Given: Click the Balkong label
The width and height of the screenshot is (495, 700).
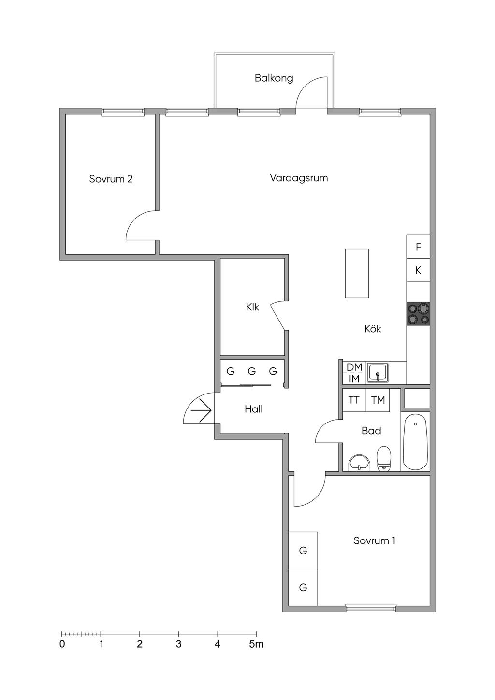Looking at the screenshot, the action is [x=274, y=78].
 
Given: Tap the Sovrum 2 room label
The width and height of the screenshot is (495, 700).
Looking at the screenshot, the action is [x=111, y=179].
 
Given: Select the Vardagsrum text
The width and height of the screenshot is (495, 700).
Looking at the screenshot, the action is [x=299, y=178].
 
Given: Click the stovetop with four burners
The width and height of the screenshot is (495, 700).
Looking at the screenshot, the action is [x=418, y=313].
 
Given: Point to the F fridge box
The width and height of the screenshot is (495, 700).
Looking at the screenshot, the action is [x=418, y=247].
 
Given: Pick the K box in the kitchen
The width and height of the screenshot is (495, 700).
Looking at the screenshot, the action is [x=418, y=271].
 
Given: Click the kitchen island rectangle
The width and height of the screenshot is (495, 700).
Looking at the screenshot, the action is [x=357, y=273].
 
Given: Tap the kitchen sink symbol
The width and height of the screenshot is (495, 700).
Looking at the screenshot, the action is [x=378, y=373].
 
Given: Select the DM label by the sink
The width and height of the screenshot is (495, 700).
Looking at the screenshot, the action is [x=354, y=367].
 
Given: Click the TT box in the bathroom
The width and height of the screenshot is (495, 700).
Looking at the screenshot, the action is [x=354, y=400].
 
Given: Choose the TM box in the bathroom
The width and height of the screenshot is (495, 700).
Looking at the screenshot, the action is [x=378, y=400].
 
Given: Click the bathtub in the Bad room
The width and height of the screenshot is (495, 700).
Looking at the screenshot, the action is [x=415, y=441].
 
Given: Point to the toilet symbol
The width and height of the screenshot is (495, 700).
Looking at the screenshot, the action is [x=384, y=458].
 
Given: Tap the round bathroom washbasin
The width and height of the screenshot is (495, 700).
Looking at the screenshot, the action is [x=359, y=463].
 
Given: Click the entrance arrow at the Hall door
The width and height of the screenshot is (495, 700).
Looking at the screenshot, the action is [x=201, y=410].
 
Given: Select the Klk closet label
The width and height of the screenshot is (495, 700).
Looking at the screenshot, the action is [x=252, y=307].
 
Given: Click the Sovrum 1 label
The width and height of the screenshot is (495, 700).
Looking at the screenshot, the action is [x=374, y=540].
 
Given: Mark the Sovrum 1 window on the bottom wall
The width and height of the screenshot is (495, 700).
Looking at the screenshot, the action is [x=371, y=608].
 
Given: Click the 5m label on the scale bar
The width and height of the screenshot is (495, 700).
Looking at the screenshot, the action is [x=256, y=644].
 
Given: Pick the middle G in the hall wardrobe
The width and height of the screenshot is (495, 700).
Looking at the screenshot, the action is [x=251, y=372].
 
